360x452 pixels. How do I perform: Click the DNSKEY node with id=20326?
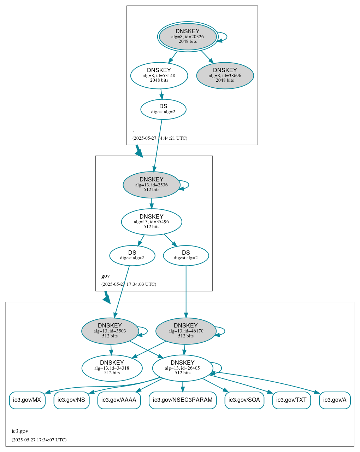tap(188, 36)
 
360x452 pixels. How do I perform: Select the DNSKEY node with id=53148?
tap(159, 75)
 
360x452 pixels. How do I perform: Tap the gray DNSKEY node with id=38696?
tap(225, 75)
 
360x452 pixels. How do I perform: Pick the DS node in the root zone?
tap(163, 109)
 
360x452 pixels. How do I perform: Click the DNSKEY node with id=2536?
tap(151, 185)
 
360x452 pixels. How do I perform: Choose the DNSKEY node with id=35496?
tap(151, 222)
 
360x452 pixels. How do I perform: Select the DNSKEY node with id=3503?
tap(110, 331)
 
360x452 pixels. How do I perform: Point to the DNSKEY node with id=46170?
tap(186, 331)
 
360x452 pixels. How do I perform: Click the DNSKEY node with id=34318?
tap(112, 368)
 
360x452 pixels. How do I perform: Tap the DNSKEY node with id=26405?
tap(182, 368)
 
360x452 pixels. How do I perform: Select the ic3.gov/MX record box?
tap(27, 400)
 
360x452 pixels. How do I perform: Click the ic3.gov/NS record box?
tap(71, 400)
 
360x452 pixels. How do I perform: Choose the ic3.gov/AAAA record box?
tap(119, 400)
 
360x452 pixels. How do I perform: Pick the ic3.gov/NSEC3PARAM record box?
tap(183, 400)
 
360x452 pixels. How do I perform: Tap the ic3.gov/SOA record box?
tap(244, 400)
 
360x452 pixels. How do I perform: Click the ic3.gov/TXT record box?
tap(291, 400)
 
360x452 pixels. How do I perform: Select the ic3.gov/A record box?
tap(335, 400)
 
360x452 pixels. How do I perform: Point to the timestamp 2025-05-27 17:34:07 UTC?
tap(39, 440)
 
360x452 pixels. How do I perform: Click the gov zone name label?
tap(106, 276)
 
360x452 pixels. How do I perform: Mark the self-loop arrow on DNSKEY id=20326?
tap(226, 36)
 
